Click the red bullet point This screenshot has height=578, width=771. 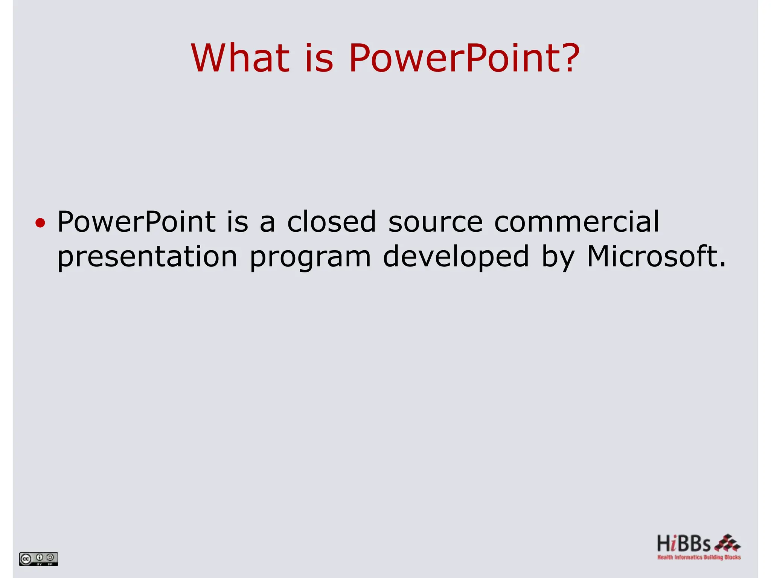pyautogui.click(x=40, y=223)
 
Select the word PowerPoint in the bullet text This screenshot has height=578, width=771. pyautogui.click(x=136, y=222)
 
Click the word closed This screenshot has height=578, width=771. pyautogui.click(x=331, y=222)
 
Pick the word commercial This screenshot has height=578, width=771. pyautogui.click(x=576, y=222)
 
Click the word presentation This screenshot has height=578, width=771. pyautogui.click(x=147, y=257)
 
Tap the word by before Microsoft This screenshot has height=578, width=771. pyautogui.click(x=558, y=257)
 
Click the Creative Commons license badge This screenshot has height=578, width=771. pyautogui.click(x=38, y=559)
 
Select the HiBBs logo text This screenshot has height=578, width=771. pyautogui.click(x=684, y=544)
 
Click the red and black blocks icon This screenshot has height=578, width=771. pyautogui.click(x=727, y=543)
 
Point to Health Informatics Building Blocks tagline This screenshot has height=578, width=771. pyautogui.click(x=699, y=557)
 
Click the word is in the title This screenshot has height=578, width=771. pyautogui.click(x=319, y=58)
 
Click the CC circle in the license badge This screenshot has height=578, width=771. pyautogui.click(x=26, y=559)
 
